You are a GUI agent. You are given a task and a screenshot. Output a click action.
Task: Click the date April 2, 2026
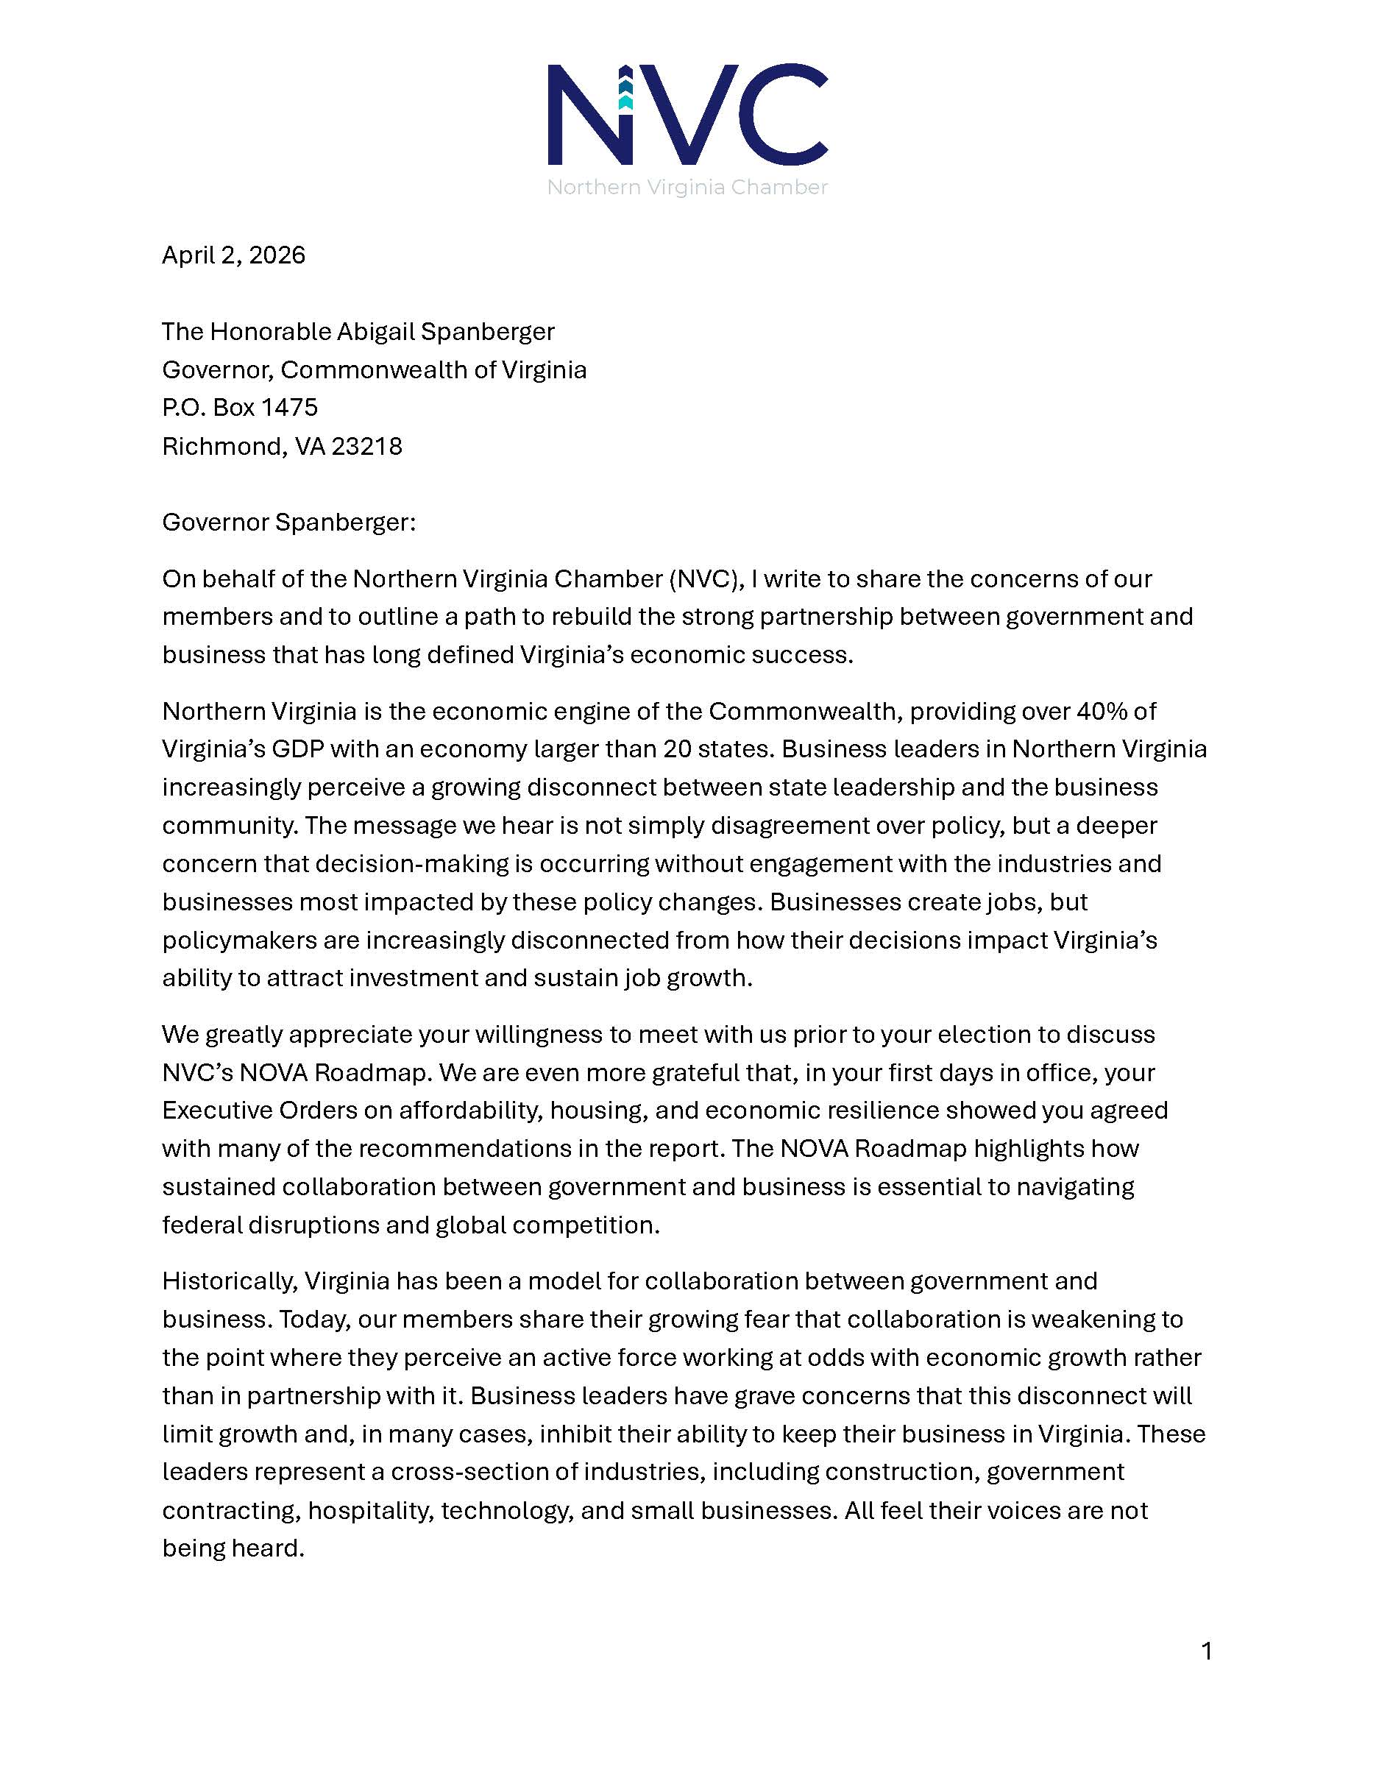233,255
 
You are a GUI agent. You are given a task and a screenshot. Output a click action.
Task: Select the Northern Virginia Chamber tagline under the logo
687,188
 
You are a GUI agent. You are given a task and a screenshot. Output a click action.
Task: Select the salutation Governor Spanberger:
288,522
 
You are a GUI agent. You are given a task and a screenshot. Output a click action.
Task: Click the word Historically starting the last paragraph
229,1281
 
